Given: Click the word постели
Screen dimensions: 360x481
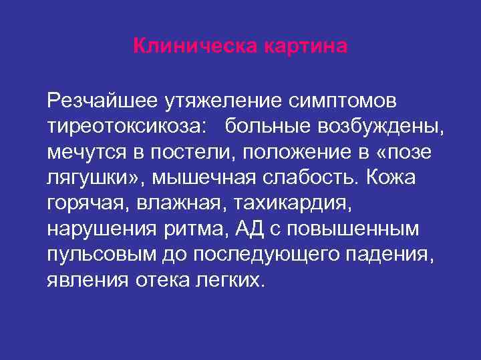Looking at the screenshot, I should (x=190, y=152).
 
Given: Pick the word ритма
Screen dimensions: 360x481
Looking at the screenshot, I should (x=204, y=228).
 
